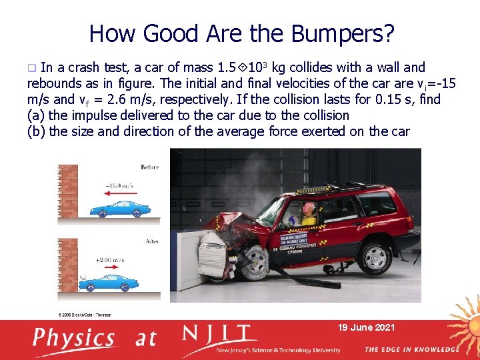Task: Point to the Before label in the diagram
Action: (x=150, y=167)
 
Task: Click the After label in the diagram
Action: (x=152, y=241)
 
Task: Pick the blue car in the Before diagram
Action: (x=121, y=208)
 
